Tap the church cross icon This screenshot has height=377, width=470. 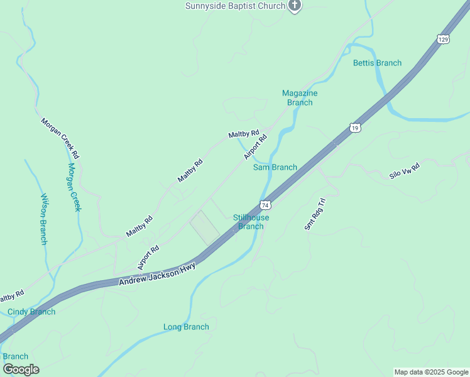click(x=295, y=6)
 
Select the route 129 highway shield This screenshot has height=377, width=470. click(x=444, y=40)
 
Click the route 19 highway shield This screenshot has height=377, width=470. click(x=356, y=128)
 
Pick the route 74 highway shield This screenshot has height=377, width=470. click(x=266, y=205)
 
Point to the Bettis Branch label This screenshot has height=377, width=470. click(x=377, y=63)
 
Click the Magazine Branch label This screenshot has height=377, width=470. click(x=300, y=97)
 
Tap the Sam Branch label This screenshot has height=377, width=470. click(x=275, y=167)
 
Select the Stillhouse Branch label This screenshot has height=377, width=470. click(x=251, y=222)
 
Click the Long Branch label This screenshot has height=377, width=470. click(x=186, y=327)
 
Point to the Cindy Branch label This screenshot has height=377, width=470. click(x=31, y=312)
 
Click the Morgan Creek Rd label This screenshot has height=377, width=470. click(x=60, y=138)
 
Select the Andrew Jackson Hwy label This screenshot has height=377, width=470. click(x=157, y=275)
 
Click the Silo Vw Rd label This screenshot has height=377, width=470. click(x=404, y=170)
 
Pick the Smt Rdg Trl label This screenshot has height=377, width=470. click(x=315, y=214)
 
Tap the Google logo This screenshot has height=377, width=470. click(x=21, y=369)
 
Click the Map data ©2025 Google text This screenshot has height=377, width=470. click(x=431, y=372)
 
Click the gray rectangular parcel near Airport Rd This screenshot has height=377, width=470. click(x=205, y=227)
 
